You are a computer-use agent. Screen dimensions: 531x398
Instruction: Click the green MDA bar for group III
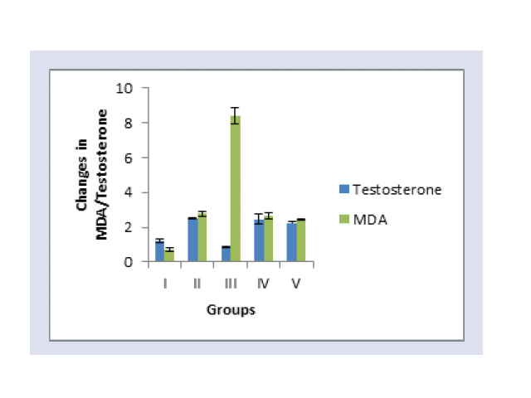pyautogui.click(x=236, y=188)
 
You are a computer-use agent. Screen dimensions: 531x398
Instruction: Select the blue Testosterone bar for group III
pyautogui.click(x=227, y=255)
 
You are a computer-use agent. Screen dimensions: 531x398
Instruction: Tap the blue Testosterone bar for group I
pyautogui.click(x=160, y=251)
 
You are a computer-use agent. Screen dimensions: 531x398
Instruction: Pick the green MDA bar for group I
pyautogui.click(x=169, y=255)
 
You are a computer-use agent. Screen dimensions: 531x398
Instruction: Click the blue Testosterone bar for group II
pyautogui.click(x=193, y=240)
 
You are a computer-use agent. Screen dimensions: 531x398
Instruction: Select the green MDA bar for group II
pyautogui.click(x=202, y=238)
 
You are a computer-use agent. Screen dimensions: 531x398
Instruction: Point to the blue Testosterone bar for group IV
pyautogui.click(x=260, y=240)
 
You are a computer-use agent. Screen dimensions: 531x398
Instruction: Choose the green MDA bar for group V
pyautogui.click(x=301, y=240)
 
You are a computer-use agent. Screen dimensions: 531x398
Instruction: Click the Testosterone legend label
pyautogui.click(x=397, y=190)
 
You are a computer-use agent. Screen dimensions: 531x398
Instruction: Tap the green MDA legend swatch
pyautogui.click(x=344, y=219)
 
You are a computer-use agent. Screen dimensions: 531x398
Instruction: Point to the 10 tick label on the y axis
pyautogui.click(x=124, y=89)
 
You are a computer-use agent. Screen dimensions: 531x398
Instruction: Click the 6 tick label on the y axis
pyautogui.click(x=129, y=158)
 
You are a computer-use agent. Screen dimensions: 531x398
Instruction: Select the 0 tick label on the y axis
pyautogui.click(x=129, y=262)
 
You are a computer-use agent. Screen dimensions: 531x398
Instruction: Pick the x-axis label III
pyautogui.click(x=231, y=284)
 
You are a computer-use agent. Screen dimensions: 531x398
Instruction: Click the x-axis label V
pyautogui.click(x=296, y=284)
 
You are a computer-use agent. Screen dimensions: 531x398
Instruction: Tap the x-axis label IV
pyautogui.click(x=263, y=284)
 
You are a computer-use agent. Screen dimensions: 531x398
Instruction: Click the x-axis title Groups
pyautogui.click(x=231, y=310)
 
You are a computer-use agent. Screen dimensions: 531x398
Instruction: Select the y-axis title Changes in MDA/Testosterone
pyautogui.click(x=92, y=175)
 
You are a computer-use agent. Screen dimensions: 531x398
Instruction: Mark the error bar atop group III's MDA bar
pyautogui.click(x=236, y=116)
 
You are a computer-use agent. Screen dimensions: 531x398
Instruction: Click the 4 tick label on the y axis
pyautogui.click(x=129, y=193)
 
